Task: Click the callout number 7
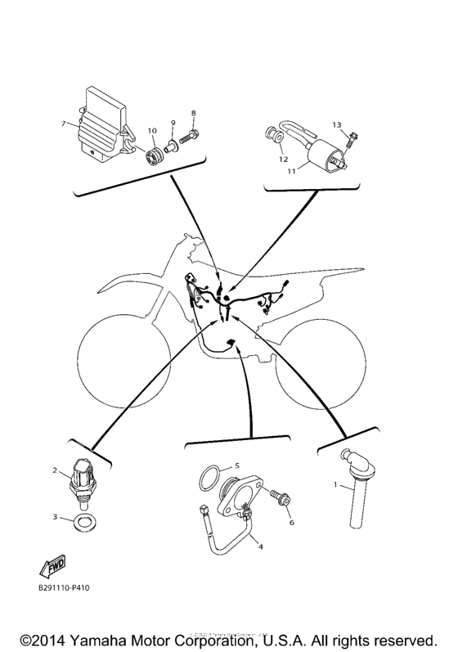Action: [x=63, y=124]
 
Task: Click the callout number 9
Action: [x=173, y=123]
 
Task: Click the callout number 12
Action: [x=281, y=150]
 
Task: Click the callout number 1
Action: [x=335, y=485]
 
